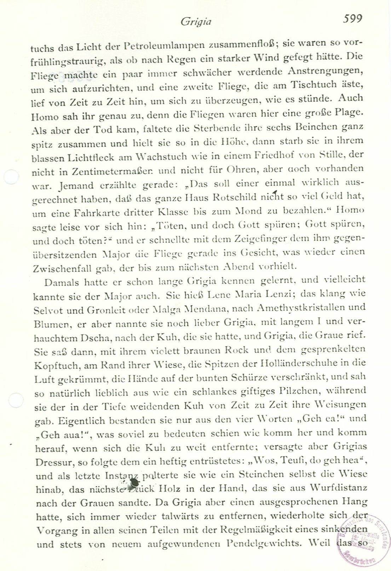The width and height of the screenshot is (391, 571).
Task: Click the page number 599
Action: click(x=352, y=18)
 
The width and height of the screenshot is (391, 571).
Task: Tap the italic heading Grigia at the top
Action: click(x=196, y=22)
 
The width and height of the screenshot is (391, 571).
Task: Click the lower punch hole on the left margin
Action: click(x=15, y=400)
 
